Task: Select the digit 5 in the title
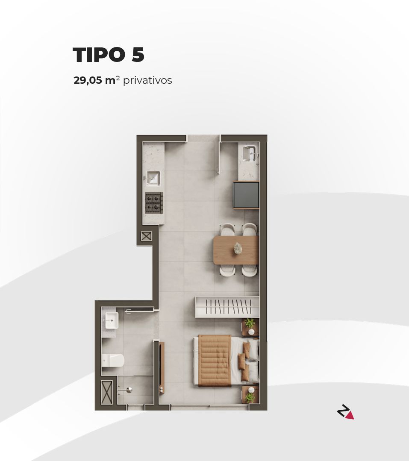(x=138, y=55)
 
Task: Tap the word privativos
(x=147, y=80)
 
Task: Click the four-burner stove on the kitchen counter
(x=154, y=203)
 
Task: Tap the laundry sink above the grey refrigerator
(x=248, y=153)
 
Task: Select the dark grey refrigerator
(x=246, y=195)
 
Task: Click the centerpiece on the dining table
(x=237, y=248)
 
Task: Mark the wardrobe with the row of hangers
(x=227, y=307)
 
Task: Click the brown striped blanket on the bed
(x=215, y=360)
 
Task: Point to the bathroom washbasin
(x=111, y=320)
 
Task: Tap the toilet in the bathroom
(x=113, y=361)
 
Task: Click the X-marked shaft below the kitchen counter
(x=146, y=236)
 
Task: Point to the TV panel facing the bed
(x=162, y=367)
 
